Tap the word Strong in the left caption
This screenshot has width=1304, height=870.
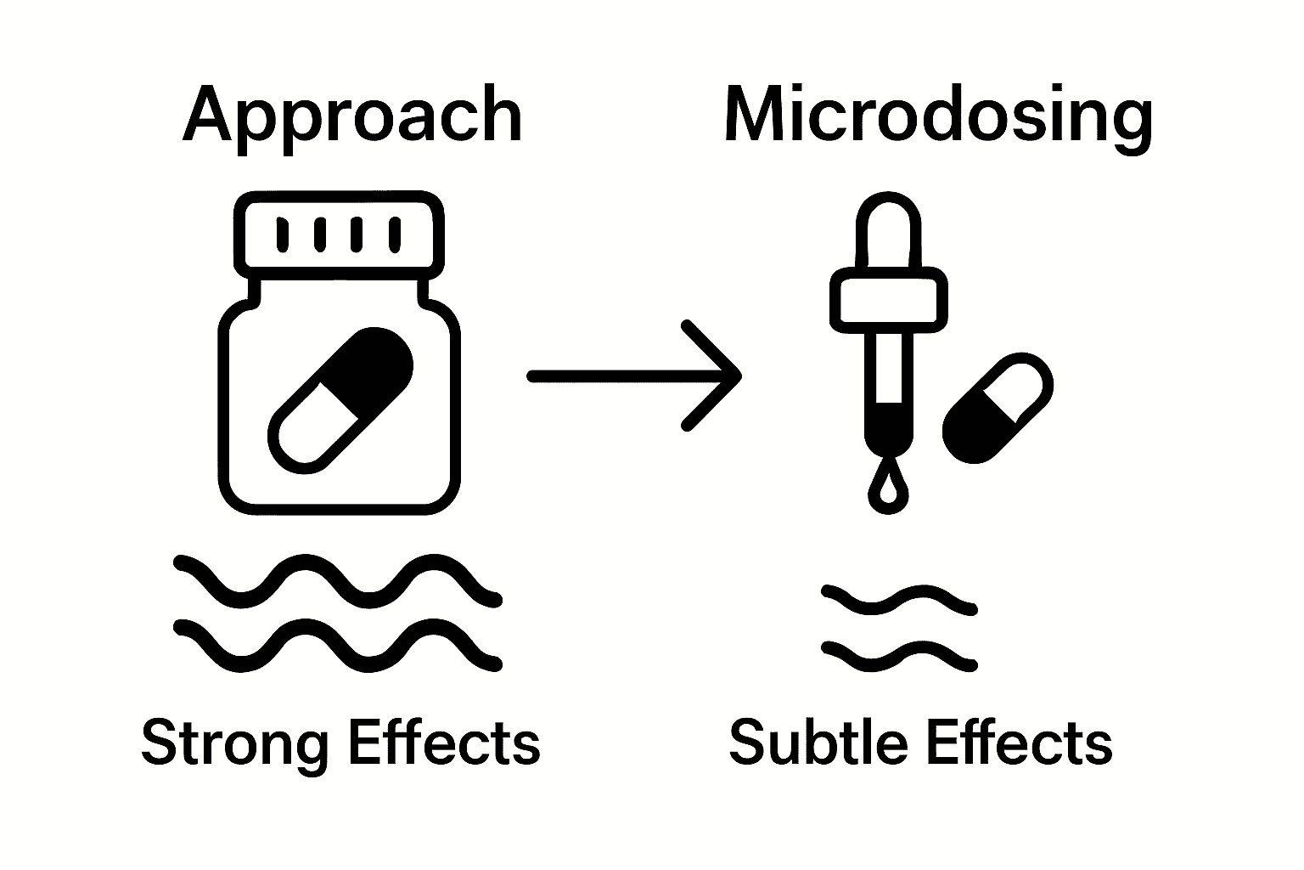(233, 743)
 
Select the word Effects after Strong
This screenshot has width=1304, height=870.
(444, 743)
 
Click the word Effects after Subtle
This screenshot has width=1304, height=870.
(1019, 743)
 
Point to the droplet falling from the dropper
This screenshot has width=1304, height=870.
(888, 490)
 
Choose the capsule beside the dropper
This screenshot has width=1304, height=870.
(998, 408)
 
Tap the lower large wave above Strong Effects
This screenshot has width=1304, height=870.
(337, 645)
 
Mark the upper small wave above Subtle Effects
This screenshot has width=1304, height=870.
(900, 599)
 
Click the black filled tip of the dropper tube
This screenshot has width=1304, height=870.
(888, 429)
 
